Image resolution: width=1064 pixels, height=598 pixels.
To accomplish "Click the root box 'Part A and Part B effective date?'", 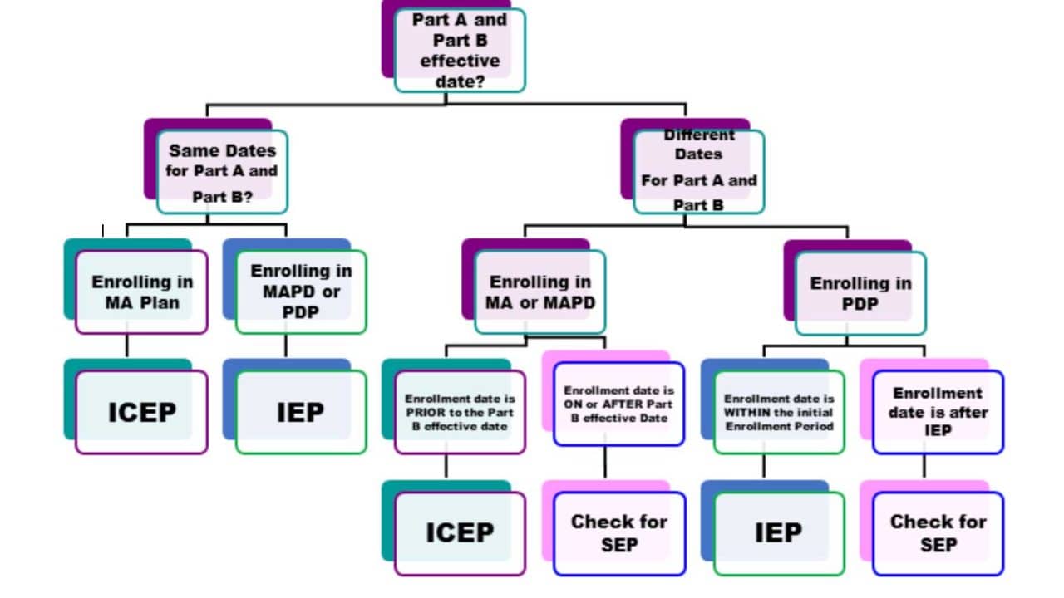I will pos(459,50).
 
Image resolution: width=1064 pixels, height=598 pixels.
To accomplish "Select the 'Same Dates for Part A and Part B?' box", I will pos(222,172).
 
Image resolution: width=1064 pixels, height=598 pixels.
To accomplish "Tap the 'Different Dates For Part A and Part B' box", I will pos(698,171).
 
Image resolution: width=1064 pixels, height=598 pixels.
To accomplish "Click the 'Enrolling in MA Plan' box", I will pos(141,292).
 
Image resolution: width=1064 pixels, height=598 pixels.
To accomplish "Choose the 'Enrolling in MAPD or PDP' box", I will pos(301,292).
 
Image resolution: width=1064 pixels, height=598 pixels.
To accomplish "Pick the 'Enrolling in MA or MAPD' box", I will pos(540,292).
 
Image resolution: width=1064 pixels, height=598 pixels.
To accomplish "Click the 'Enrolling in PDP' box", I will pos(860,292).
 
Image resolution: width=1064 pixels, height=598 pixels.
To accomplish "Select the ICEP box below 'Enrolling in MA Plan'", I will pos(141,412).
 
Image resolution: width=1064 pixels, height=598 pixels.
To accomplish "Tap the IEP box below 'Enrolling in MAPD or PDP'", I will pos(301,412).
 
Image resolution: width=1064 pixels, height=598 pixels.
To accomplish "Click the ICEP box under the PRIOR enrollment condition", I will pos(460,532).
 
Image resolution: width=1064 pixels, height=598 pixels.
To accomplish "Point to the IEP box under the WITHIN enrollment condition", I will pos(779,532).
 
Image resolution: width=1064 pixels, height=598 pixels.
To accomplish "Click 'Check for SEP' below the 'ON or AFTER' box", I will pos(619,532).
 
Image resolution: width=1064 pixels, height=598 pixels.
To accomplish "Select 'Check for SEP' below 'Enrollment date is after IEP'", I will pos(938,532).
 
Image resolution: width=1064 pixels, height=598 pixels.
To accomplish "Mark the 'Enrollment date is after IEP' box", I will pos(938,412).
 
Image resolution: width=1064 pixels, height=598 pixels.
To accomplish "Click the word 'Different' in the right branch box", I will pos(699,135).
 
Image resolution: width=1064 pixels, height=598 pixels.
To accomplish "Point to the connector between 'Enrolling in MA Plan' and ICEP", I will pos(126,346).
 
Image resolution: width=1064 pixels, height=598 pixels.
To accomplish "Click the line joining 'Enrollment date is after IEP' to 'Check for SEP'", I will pos(924,466).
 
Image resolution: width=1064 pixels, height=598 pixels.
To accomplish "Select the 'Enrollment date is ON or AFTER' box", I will pos(619,404).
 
